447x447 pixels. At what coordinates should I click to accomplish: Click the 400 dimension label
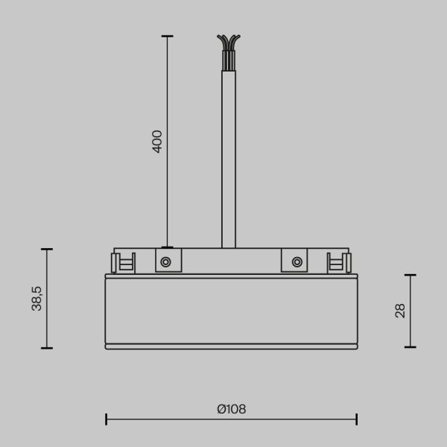click(157, 141)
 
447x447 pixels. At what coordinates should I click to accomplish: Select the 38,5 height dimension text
click(37, 298)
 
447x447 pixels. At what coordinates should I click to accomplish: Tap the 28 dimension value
click(400, 311)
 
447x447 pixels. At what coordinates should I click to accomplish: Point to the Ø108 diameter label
click(231, 409)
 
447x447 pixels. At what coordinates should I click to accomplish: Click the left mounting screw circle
click(165, 261)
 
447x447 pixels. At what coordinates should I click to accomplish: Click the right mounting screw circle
click(297, 261)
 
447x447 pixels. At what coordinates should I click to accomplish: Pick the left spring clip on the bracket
click(123, 262)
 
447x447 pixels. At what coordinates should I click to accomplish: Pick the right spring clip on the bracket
click(339, 262)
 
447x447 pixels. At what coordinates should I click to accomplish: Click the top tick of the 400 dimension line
click(167, 36)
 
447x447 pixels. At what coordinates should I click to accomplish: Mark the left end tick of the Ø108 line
click(106, 419)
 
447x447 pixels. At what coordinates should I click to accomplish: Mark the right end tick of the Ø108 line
click(357, 419)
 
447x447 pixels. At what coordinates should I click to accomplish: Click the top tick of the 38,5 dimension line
click(47, 249)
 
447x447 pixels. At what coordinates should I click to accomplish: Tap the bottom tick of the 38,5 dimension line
click(47, 348)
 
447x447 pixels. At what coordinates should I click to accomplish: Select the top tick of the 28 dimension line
click(410, 275)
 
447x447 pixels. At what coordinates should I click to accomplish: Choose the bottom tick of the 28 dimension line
click(410, 346)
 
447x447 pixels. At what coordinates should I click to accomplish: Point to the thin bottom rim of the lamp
click(231, 346)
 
